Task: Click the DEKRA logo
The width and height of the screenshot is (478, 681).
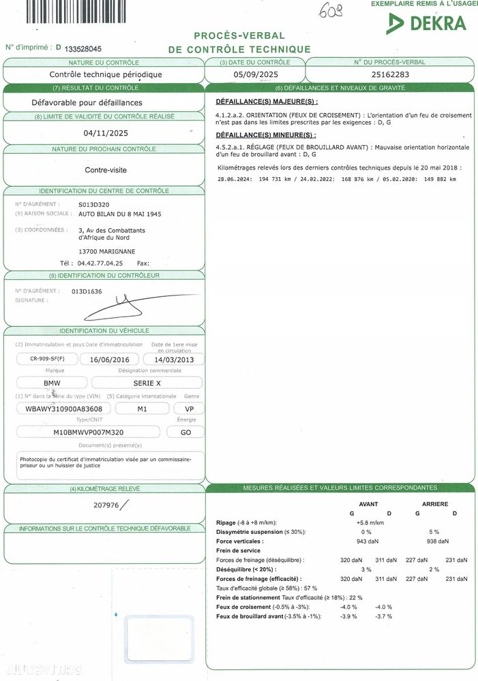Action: pyautogui.click(x=427, y=23)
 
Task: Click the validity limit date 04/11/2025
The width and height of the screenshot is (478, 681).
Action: pyautogui.click(x=105, y=133)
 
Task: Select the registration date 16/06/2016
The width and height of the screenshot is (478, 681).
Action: pyautogui.click(x=109, y=359)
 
